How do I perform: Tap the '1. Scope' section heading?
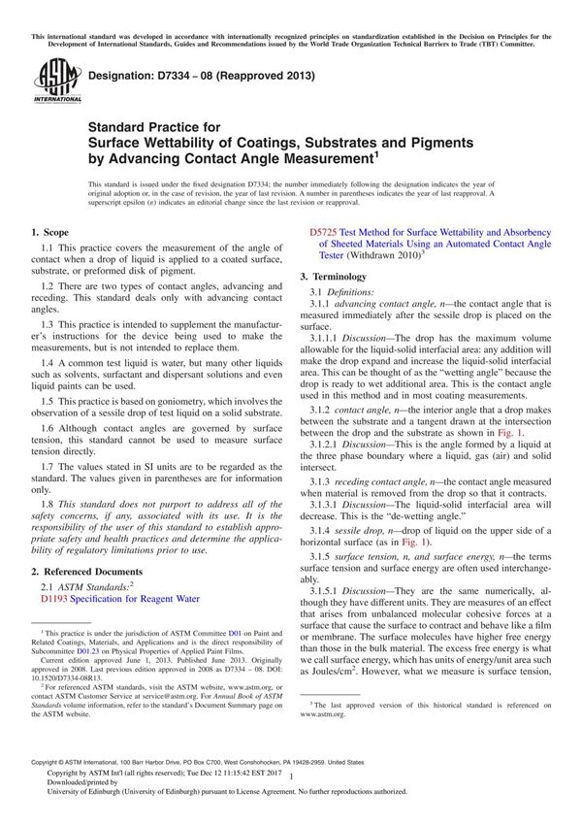tap(49, 233)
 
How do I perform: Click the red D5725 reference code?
tap(322, 234)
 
